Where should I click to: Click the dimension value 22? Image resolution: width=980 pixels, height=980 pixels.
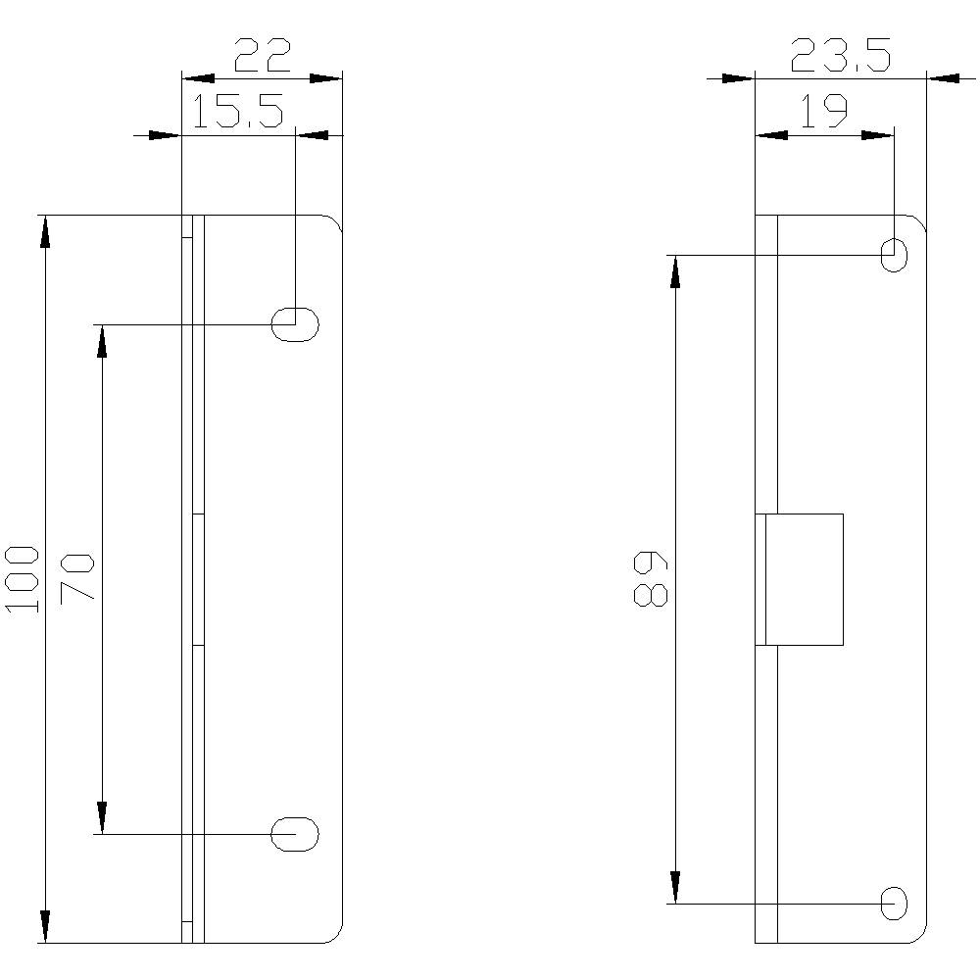[263, 56]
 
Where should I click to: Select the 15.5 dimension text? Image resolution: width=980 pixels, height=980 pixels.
[237, 113]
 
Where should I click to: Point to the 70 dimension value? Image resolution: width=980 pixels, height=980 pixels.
[77, 577]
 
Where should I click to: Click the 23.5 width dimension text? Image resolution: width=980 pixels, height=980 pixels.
[840, 56]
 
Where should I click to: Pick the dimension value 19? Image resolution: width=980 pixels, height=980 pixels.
[823, 113]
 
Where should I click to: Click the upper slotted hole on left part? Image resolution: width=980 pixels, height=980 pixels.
[295, 323]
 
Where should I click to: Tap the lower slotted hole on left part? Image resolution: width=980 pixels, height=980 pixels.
[295, 834]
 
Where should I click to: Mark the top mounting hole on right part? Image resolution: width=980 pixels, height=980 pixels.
[894, 255]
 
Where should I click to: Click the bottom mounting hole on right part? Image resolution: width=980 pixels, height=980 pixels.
[894, 903]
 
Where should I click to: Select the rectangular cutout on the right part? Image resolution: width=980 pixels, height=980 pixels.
[804, 579]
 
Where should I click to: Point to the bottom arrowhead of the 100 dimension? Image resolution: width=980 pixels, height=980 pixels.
[45, 926]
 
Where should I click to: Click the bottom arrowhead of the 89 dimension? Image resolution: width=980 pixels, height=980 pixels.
[674, 886]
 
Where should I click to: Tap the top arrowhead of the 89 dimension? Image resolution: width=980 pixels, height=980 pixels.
[674, 272]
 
